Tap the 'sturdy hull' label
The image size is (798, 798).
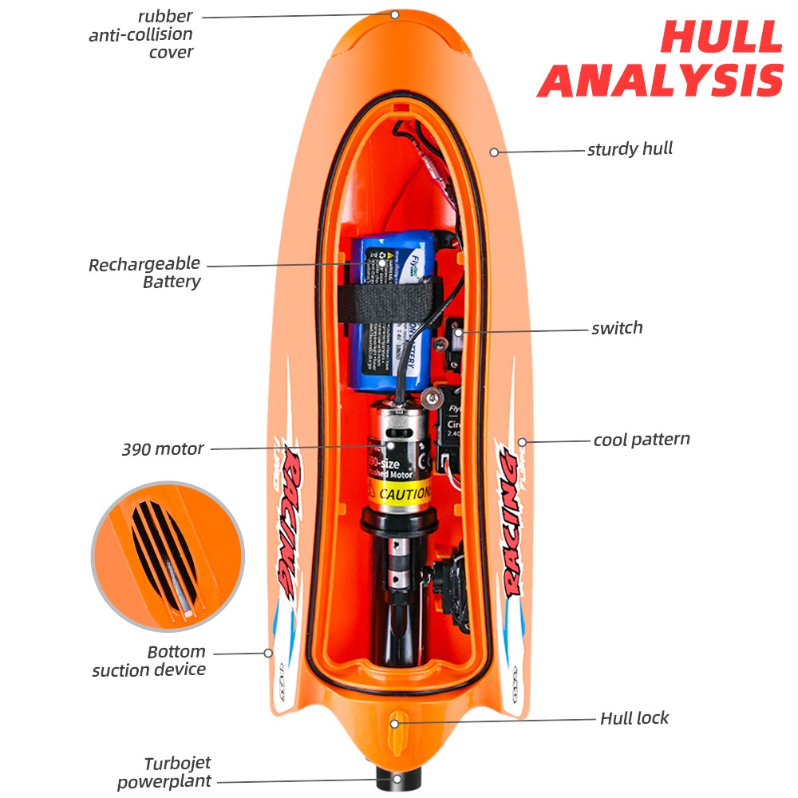coord(630,149)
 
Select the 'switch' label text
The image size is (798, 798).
coord(617,328)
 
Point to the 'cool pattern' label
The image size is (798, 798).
coord(642,440)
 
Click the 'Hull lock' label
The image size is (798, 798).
coord(634,718)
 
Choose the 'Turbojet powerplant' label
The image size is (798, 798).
coord(165,772)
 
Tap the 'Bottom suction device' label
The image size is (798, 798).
coord(149,661)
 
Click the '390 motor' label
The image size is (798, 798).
coord(163,449)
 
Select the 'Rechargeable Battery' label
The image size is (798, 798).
coord(144,273)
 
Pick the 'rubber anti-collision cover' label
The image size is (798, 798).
coord(141,34)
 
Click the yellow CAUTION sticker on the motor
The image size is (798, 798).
coord(399,493)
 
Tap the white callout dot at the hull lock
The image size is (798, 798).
coord(394,723)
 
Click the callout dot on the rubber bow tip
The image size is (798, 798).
coord(394,14)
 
